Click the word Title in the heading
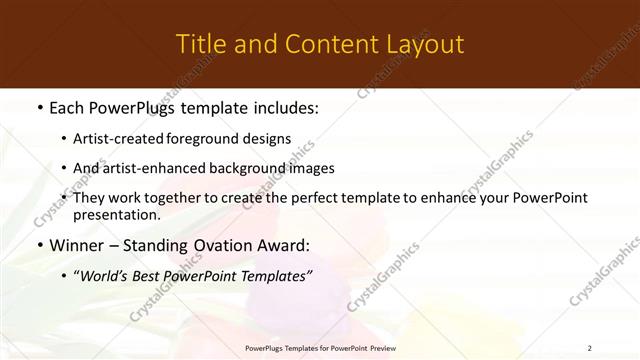click(198, 45)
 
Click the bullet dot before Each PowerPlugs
click(39, 106)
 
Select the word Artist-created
click(120, 139)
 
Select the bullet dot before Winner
click(39, 246)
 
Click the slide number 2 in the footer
click(589, 347)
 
